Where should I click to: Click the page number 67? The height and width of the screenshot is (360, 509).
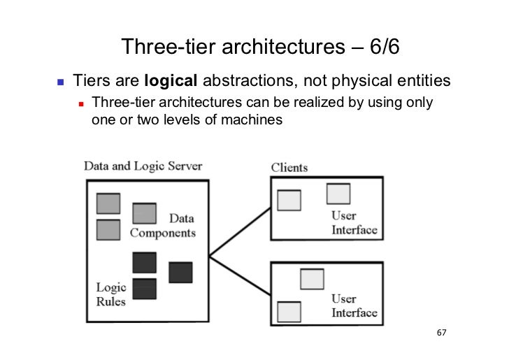[440, 331]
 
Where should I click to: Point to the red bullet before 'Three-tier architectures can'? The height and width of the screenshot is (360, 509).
[81, 104]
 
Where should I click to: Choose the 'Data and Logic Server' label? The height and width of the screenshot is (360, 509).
[143, 167]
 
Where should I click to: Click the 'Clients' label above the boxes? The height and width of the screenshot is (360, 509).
[289, 168]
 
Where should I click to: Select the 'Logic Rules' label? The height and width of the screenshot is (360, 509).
[111, 293]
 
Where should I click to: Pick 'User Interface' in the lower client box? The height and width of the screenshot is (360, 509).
[354, 306]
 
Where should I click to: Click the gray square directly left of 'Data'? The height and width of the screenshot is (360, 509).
[144, 213]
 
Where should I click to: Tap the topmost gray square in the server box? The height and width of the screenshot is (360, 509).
[108, 203]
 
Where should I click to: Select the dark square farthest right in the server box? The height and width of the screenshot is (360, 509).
[180, 272]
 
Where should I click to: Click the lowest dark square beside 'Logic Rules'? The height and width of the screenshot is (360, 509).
[144, 288]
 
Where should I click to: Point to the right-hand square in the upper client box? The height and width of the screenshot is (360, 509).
[338, 193]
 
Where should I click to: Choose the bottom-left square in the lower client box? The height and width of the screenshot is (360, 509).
[289, 310]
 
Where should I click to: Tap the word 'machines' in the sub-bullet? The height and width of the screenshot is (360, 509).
[251, 120]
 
